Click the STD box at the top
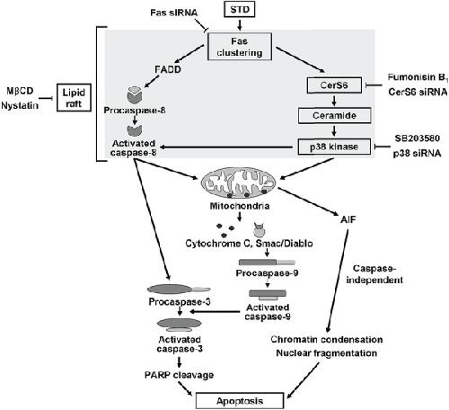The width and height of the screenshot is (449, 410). coord(240,10)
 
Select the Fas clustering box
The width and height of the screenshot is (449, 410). coord(240,47)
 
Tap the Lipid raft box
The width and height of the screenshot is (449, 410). coord(74,98)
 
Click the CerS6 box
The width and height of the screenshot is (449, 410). coord(334,85)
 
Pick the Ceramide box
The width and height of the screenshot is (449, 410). coord(334,116)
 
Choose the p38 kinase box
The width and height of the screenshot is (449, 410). coord(334,147)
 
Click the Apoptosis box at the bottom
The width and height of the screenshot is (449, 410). coord(240,401)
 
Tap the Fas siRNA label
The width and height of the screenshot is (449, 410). coord(174,13)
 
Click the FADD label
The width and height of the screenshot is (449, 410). coord(168,69)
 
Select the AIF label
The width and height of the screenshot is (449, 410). coord(348,219)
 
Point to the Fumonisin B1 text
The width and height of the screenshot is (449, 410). coord(418,77)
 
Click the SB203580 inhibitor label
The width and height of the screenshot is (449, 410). coord(418,138)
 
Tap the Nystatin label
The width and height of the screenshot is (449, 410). coord(20,105)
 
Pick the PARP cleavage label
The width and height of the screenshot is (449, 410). coord(179,375)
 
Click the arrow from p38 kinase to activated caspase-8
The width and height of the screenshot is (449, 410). coord(226,147)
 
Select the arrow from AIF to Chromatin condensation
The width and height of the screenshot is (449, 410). coord(338,281)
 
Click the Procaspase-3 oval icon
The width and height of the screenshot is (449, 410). coord(179,290)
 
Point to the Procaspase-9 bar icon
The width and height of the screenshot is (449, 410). coord(267,263)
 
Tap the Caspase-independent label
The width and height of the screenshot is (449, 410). coord(374,274)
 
